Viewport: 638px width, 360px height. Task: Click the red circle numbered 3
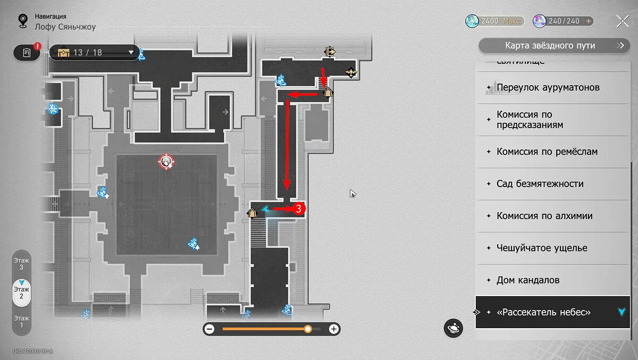tap(298, 209)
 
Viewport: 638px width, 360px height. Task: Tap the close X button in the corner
tap(623, 21)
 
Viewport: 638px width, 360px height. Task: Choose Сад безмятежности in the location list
tap(540, 184)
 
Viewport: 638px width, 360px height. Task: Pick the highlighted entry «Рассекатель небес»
tap(543, 313)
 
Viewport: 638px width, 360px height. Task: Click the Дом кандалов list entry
tap(528, 280)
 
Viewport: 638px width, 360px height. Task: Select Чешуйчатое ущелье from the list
tap(542, 248)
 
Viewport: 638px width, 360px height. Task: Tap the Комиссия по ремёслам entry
tap(547, 152)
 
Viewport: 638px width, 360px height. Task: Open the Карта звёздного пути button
tap(550, 46)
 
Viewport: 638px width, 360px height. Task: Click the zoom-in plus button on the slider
tap(333, 329)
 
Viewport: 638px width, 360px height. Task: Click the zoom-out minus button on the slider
tap(209, 329)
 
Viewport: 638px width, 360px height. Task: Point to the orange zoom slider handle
tap(308, 329)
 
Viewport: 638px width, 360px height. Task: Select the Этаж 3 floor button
tap(22, 264)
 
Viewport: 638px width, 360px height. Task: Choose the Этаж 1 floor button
tap(22, 321)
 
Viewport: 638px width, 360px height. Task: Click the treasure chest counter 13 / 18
tap(95, 53)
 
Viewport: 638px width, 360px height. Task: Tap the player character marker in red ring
tap(166, 162)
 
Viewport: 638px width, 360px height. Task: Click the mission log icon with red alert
tap(27, 53)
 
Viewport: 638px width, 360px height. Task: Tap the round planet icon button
tap(454, 328)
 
